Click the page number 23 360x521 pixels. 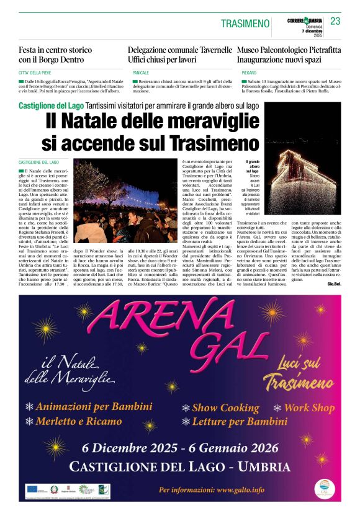(x=335, y=21)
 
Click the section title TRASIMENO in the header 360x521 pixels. (x=245, y=24)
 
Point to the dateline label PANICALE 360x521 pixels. (x=140, y=73)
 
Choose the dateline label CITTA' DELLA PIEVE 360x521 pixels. (x=38, y=73)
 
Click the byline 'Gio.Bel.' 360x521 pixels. (x=333, y=283)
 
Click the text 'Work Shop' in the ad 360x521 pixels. (x=309, y=407)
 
